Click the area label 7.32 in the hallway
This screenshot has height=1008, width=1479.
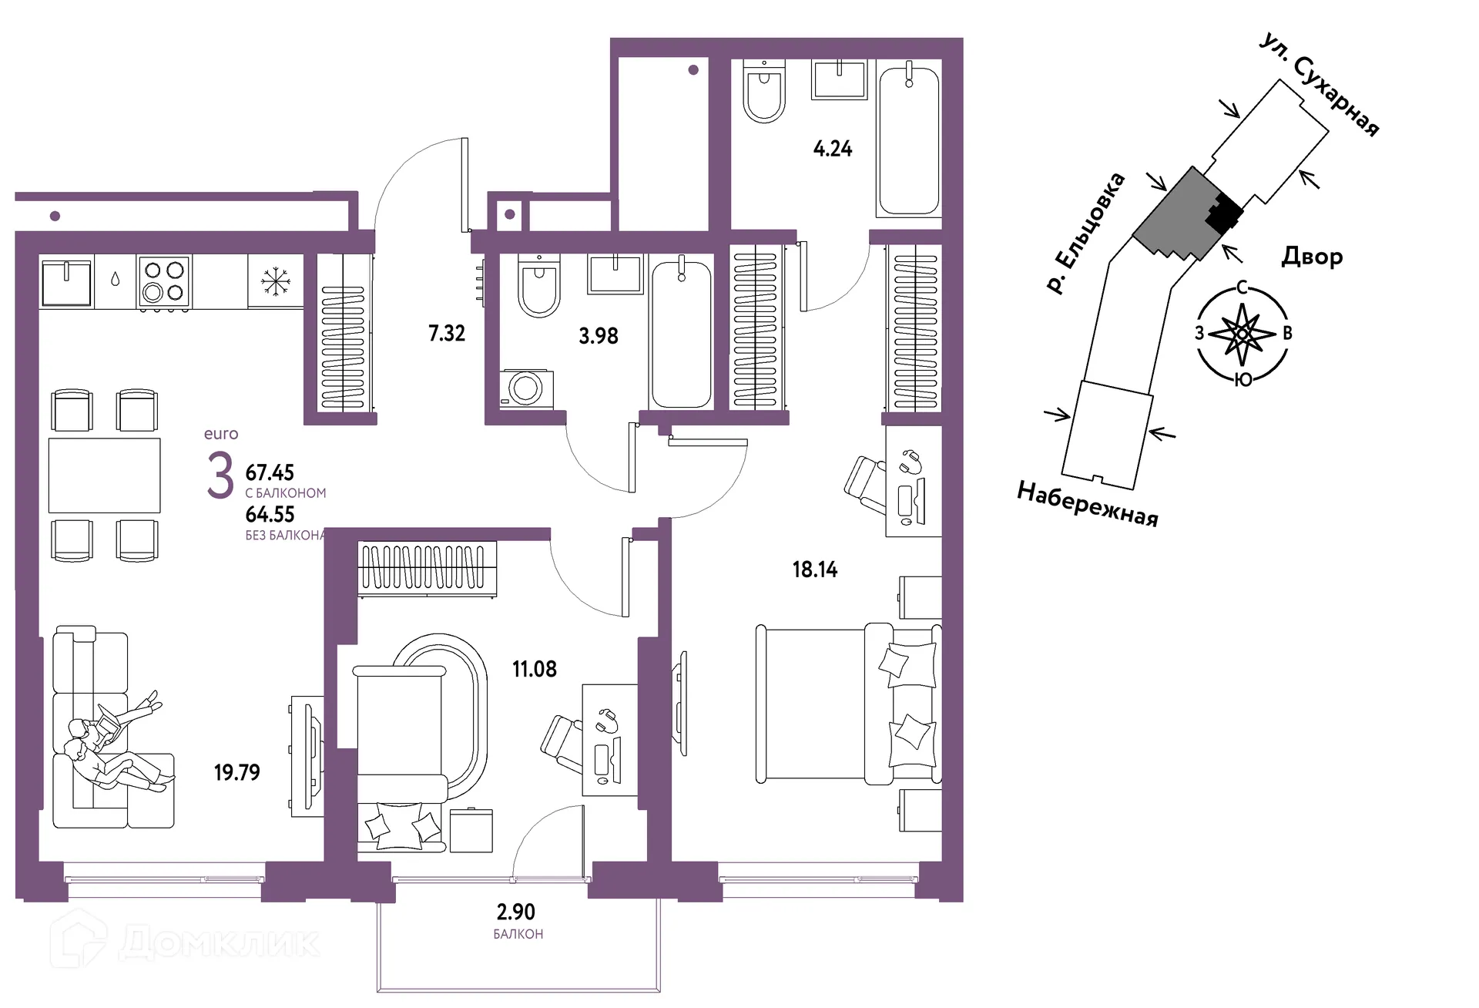(447, 333)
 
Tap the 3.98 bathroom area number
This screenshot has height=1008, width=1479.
(599, 336)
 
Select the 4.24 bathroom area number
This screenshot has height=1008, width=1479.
(833, 149)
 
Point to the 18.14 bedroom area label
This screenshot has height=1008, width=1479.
(815, 570)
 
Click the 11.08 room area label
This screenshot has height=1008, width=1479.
(535, 669)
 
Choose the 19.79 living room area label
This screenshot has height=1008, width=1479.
(237, 772)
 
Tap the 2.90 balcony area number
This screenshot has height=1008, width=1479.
(516, 912)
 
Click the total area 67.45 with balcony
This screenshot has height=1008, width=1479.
(270, 472)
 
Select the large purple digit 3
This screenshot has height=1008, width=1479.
(220, 475)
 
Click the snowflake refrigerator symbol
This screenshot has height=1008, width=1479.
(275, 281)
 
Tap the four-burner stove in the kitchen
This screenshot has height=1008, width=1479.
(164, 283)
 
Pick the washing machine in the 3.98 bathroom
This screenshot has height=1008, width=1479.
(526, 388)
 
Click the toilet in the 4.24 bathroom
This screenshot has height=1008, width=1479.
(765, 91)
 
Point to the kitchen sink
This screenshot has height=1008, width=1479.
(67, 283)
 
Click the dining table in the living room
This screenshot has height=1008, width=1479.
(105, 475)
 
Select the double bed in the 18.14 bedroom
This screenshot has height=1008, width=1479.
(848, 704)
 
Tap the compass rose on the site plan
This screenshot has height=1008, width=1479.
(1242, 334)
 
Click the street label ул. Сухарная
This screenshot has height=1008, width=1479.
(1319, 84)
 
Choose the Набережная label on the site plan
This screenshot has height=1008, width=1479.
(1088, 504)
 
